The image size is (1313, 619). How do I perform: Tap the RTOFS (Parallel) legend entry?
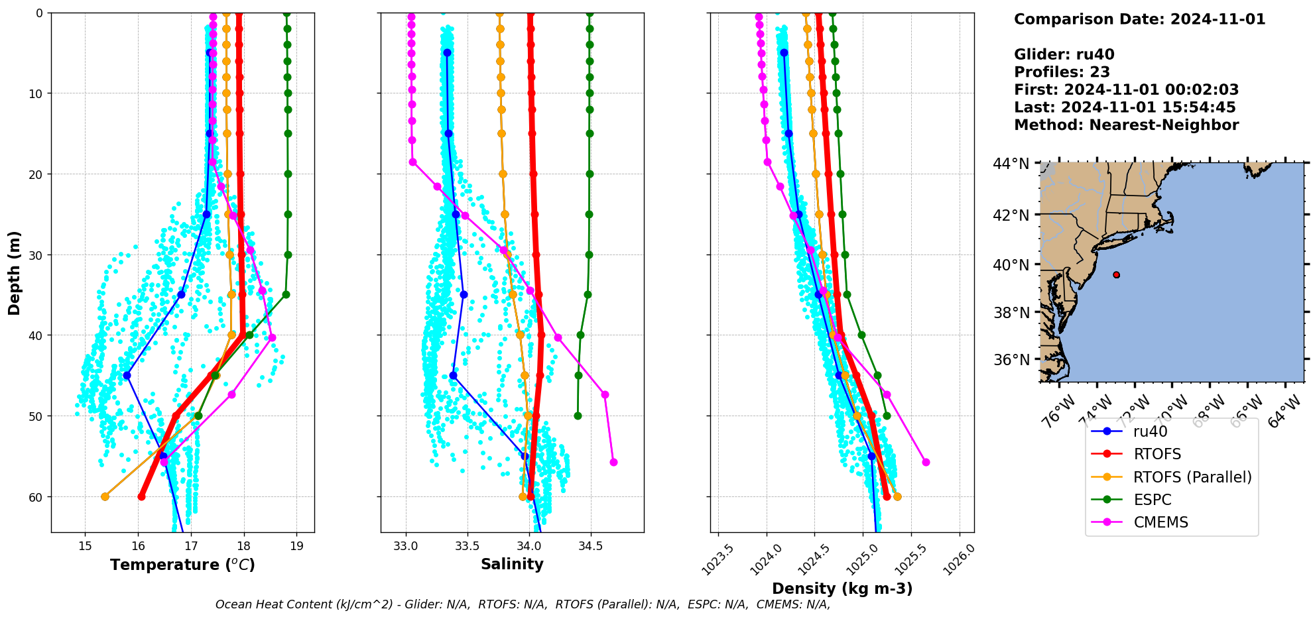1192,477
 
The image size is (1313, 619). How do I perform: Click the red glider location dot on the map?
1116,274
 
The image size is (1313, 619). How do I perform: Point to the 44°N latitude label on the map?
1011,163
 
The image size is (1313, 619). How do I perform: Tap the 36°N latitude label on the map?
1011,360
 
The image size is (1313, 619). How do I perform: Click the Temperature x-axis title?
182,565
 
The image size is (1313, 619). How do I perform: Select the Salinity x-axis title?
512,564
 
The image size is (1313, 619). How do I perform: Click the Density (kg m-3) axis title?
842,589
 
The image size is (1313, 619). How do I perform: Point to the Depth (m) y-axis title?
15,272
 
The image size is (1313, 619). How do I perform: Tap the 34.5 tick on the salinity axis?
590,546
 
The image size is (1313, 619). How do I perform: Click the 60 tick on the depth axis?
34,497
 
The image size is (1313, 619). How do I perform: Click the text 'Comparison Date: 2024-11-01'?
1139,19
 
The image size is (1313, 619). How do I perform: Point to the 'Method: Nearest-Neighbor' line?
1126,125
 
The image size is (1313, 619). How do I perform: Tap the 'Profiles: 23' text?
1062,72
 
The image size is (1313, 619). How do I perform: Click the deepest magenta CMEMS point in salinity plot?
613,462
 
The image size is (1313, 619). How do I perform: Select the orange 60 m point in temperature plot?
105,496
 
